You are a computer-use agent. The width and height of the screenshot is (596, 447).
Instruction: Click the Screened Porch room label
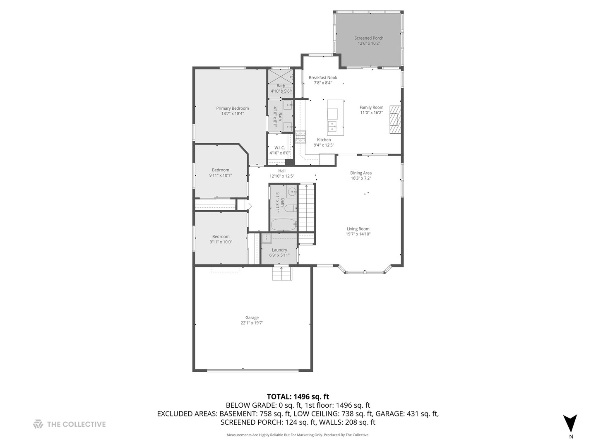point(368,38)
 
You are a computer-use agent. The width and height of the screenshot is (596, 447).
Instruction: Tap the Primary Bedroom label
point(232,108)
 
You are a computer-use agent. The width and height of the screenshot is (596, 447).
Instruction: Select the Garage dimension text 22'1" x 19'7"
point(252,323)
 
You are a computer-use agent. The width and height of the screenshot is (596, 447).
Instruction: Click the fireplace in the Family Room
point(395,120)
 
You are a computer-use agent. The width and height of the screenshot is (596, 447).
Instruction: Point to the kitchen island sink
point(332,125)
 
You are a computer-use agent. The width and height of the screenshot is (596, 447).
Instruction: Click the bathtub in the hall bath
point(284,225)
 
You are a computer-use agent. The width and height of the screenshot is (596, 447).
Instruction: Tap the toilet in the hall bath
point(290,208)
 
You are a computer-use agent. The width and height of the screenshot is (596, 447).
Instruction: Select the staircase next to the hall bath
point(306,208)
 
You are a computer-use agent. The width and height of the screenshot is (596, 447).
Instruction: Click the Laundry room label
point(279,250)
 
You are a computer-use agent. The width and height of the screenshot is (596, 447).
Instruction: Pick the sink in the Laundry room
point(266,238)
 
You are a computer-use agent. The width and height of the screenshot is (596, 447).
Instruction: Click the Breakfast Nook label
point(323,77)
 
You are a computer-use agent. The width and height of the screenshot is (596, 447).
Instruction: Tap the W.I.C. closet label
point(279,148)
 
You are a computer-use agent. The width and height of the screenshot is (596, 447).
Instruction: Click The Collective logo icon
point(38,424)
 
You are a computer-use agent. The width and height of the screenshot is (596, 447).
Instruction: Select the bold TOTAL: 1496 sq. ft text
point(298,397)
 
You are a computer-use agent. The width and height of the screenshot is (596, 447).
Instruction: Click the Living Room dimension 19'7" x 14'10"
point(358,234)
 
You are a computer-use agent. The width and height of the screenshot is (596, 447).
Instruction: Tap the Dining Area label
point(361,173)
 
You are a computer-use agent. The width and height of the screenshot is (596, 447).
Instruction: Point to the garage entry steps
point(282,274)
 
